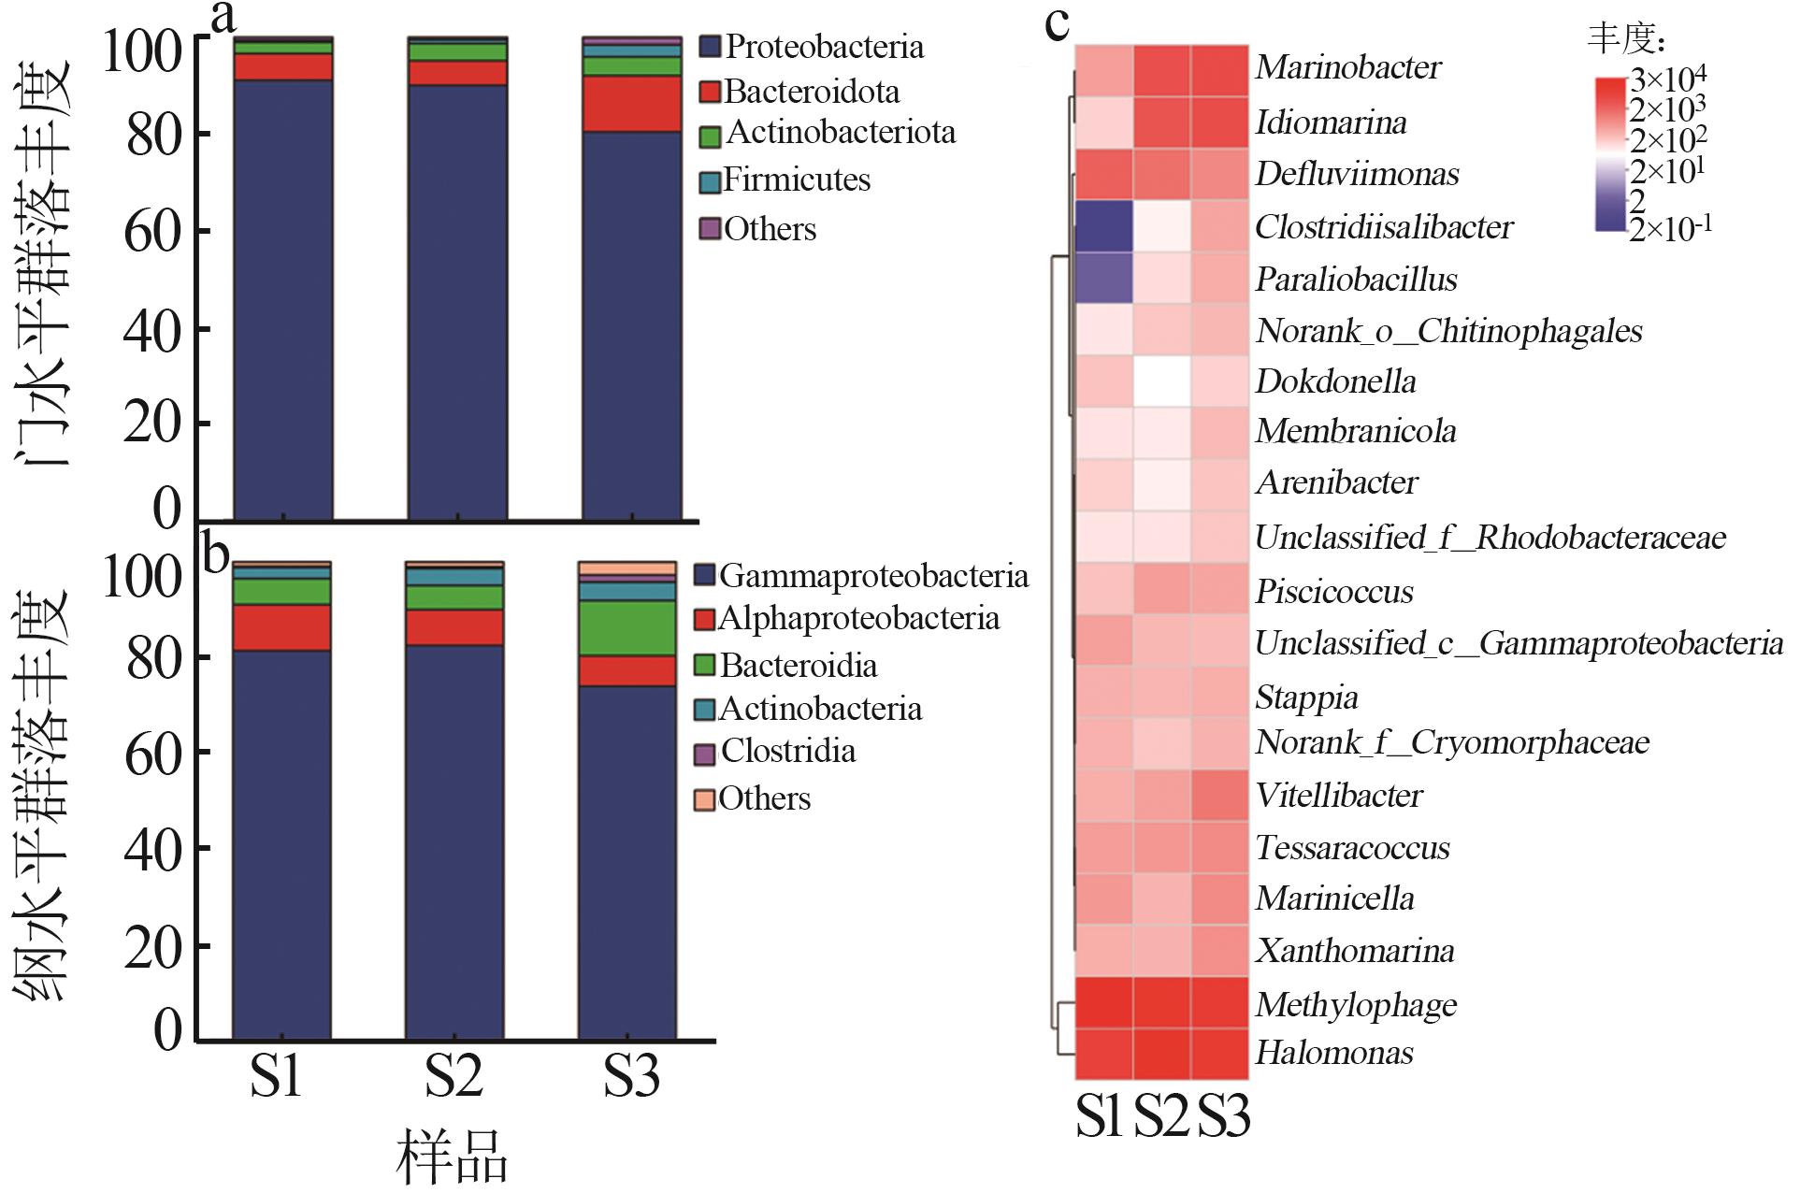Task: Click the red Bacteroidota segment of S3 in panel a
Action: (631, 104)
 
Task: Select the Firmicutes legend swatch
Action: (710, 181)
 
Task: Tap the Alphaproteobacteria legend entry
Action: (857, 619)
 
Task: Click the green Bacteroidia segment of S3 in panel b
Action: (626, 627)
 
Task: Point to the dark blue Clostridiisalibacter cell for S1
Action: (1103, 226)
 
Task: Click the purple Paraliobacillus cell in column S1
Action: (1103, 279)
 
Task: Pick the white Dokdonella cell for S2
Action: (1162, 381)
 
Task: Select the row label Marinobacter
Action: (1347, 67)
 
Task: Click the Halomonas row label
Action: (1333, 1053)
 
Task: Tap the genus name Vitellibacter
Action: (1338, 796)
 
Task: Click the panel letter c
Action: (1057, 24)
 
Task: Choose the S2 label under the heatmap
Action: (1161, 1115)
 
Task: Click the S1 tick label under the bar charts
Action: (276, 1077)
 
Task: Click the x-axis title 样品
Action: (452, 1157)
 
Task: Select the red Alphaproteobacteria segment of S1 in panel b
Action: (281, 627)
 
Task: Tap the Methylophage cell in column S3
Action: (1220, 1003)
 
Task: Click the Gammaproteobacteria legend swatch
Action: (704, 575)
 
